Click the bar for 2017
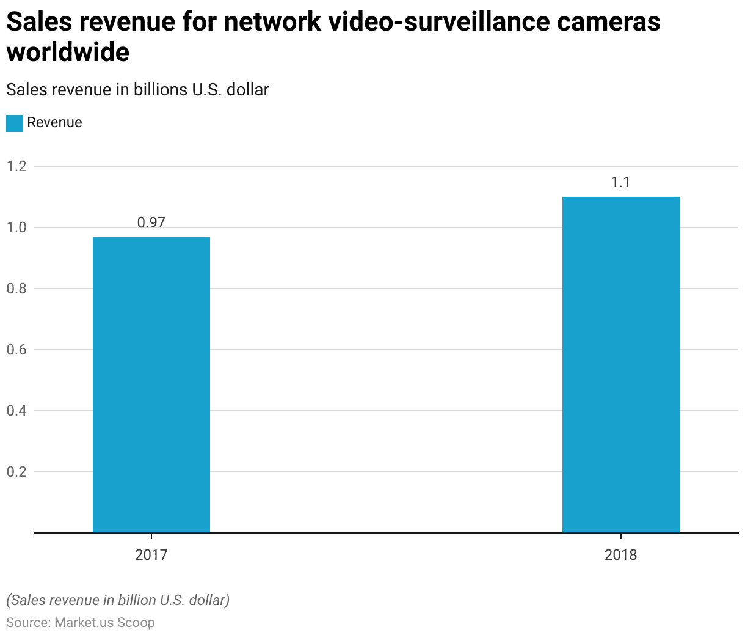click(151, 384)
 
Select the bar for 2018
click(620, 364)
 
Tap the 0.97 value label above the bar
click(151, 222)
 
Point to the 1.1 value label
click(620, 182)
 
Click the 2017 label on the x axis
click(151, 555)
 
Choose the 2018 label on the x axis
click(620, 555)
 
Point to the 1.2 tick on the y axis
click(17, 166)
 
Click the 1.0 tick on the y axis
click(17, 227)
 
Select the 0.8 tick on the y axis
click(17, 288)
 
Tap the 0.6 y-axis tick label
click(17, 350)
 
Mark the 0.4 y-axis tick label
click(17, 411)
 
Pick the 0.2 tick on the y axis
click(17, 472)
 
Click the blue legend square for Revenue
click(15, 123)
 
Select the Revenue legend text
click(54, 122)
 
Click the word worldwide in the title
click(68, 53)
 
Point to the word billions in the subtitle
click(161, 90)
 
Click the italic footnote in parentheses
click(118, 600)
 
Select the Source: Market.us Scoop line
click(81, 623)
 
